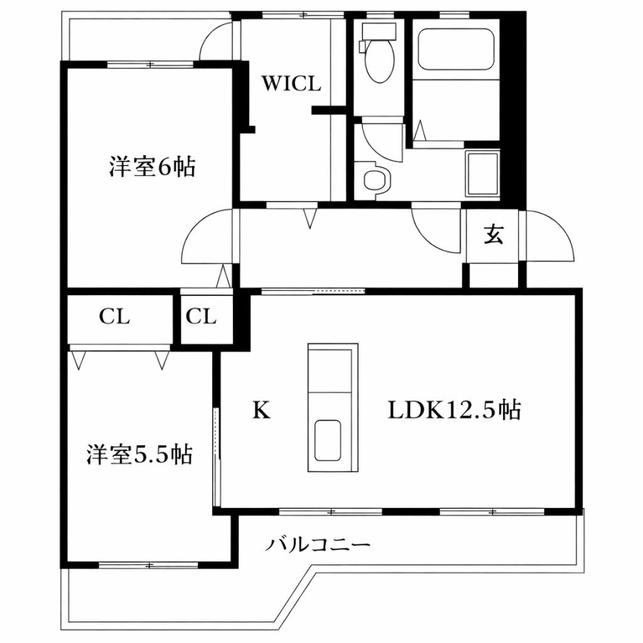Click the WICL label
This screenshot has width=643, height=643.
(x=291, y=84)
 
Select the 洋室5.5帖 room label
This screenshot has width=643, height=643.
(x=139, y=454)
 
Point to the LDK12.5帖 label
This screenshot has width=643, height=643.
(x=454, y=409)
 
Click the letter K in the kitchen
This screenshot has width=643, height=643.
(x=261, y=409)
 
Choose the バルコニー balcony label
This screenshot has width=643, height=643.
(x=319, y=544)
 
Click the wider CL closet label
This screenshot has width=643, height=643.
(x=114, y=316)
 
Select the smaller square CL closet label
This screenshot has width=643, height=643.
(x=201, y=316)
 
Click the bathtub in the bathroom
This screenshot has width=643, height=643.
(x=455, y=49)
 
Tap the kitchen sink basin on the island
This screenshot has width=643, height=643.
(x=328, y=440)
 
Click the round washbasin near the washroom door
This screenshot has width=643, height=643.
(x=375, y=180)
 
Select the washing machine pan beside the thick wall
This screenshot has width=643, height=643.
(x=482, y=174)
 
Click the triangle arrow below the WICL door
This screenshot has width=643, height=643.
(x=309, y=218)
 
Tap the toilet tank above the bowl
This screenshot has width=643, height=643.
(x=378, y=31)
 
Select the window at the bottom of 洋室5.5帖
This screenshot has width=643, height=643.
(x=149, y=565)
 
